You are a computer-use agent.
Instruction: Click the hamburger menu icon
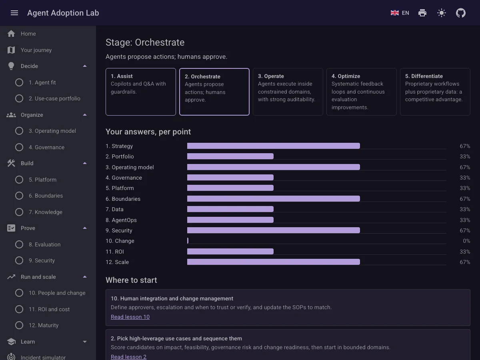[x=14, y=13]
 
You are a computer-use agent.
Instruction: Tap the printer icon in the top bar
[x=422, y=13]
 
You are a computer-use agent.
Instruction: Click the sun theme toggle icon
[x=442, y=13]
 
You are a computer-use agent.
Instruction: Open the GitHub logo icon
[x=461, y=13]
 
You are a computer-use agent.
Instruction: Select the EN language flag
[x=395, y=13]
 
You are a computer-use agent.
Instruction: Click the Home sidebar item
[x=28, y=34]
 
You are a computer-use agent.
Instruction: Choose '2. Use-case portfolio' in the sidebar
[x=54, y=98]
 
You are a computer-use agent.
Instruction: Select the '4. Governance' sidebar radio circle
[x=19, y=147]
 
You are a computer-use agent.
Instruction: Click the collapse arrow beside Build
[x=85, y=163]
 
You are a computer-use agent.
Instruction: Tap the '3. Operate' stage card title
[x=271, y=76]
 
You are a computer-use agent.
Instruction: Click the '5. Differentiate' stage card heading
[x=424, y=76]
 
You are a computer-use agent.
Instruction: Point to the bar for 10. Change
[x=188, y=241]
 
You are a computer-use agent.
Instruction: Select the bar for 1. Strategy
[x=274, y=146]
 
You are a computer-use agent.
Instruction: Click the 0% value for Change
[x=466, y=241]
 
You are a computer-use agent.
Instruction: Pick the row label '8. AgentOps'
[x=121, y=220]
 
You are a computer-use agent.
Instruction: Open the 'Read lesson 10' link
[x=130, y=317]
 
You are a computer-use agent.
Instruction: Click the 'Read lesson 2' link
[x=128, y=357]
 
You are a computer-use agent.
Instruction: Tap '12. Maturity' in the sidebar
[x=44, y=325]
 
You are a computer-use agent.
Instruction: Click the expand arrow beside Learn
[x=85, y=342]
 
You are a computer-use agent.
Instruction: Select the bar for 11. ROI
[x=230, y=251]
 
